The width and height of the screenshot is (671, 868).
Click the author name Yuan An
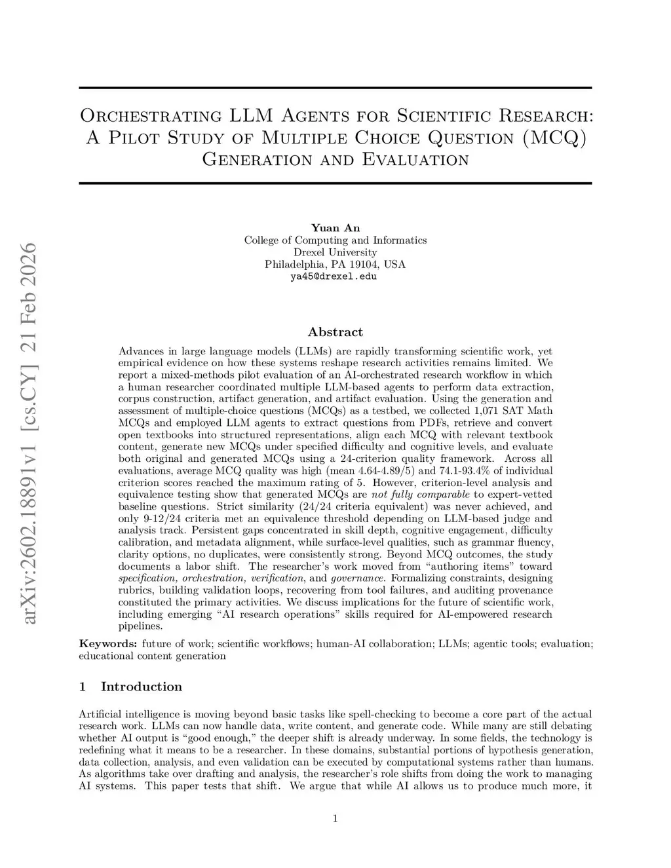335,228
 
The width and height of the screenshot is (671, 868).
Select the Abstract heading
335,332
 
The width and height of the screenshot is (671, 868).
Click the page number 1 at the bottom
335,818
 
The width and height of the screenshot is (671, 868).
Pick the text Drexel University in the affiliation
335,252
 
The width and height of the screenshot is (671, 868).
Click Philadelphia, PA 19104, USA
335,265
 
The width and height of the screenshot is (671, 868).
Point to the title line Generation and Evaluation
335,160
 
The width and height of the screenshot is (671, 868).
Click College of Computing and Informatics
335,240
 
